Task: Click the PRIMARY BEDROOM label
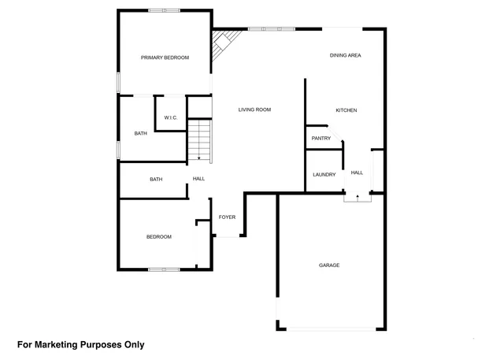pyautogui.click(x=165, y=58)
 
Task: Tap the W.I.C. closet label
pyautogui.click(x=171, y=118)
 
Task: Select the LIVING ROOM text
pyautogui.click(x=254, y=109)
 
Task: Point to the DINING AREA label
pyautogui.click(x=345, y=55)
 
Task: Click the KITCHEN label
pyautogui.click(x=346, y=110)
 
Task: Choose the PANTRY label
pyautogui.click(x=321, y=139)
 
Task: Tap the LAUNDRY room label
pyautogui.click(x=324, y=175)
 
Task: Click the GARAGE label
pyautogui.click(x=329, y=265)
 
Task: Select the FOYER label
pyautogui.click(x=228, y=218)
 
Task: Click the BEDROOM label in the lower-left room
pyautogui.click(x=158, y=237)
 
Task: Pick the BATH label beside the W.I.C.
pyautogui.click(x=140, y=134)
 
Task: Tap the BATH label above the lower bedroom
pyautogui.click(x=156, y=180)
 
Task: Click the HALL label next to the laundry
pyautogui.click(x=357, y=173)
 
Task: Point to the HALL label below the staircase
pyautogui.click(x=198, y=180)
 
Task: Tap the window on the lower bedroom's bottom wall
pyautogui.click(x=164, y=270)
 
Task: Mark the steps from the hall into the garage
pyautogui.click(x=357, y=198)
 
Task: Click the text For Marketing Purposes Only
pyautogui.click(x=81, y=344)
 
